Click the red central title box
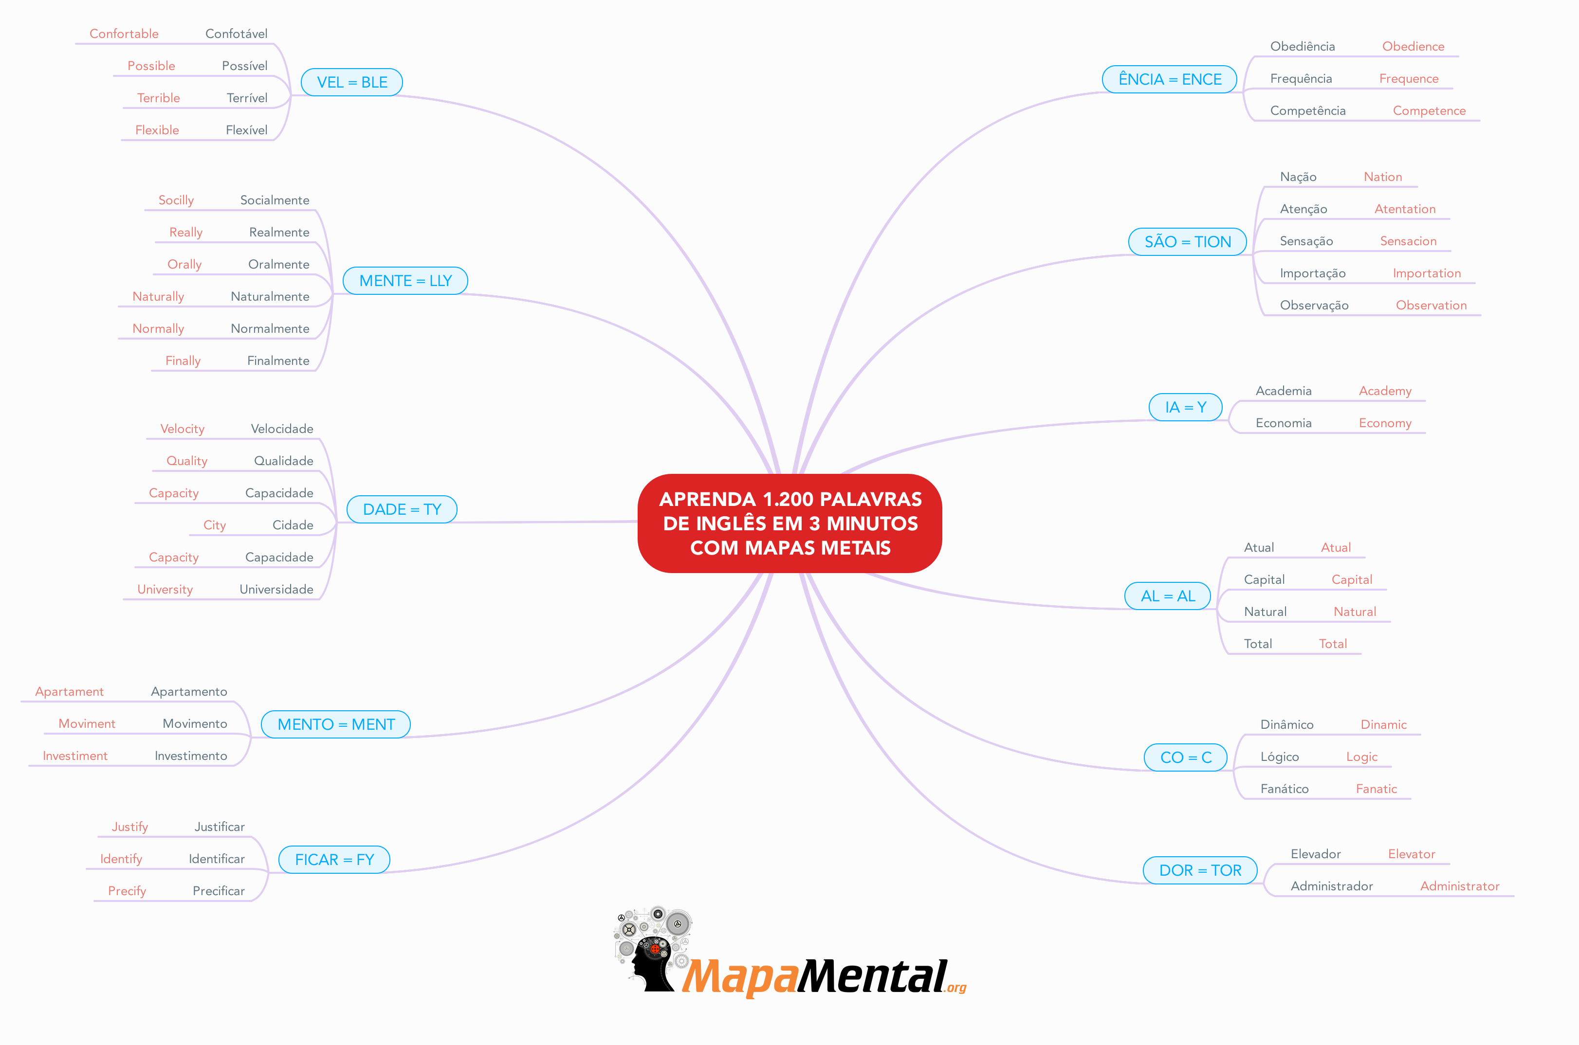tap(789, 523)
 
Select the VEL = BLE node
tap(351, 82)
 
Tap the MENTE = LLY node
tap(405, 281)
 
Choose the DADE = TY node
tap(402, 509)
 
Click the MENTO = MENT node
tap(335, 724)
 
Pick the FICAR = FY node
tap(333, 860)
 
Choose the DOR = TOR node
tap(1200, 870)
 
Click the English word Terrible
tap(158, 98)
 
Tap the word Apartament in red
tap(69, 692)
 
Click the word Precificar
tap(218, 891)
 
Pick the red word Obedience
tap(1413, 47)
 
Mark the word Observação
tap(1314, 305)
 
